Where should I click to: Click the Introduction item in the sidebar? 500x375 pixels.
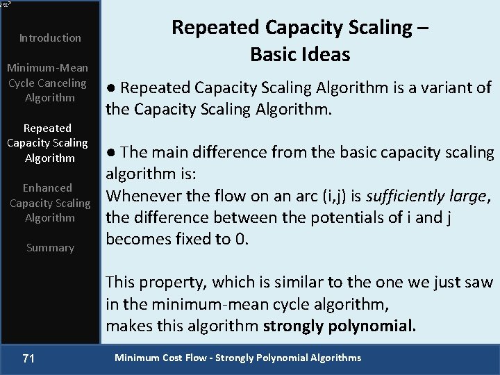[50, 37]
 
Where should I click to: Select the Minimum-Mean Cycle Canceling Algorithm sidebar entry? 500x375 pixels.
[47, 83]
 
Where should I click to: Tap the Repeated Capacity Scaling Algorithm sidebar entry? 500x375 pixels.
[47, 143]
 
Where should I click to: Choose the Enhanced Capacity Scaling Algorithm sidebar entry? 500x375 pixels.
[50, 203]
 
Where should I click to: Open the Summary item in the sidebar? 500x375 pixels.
[50, 247]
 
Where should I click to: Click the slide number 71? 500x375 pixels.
[28, 358]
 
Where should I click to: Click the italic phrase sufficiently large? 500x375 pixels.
[426, 196]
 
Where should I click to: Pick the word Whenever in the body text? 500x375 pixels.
[137, 196]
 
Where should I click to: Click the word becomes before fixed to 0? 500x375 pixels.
[136, 240]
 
